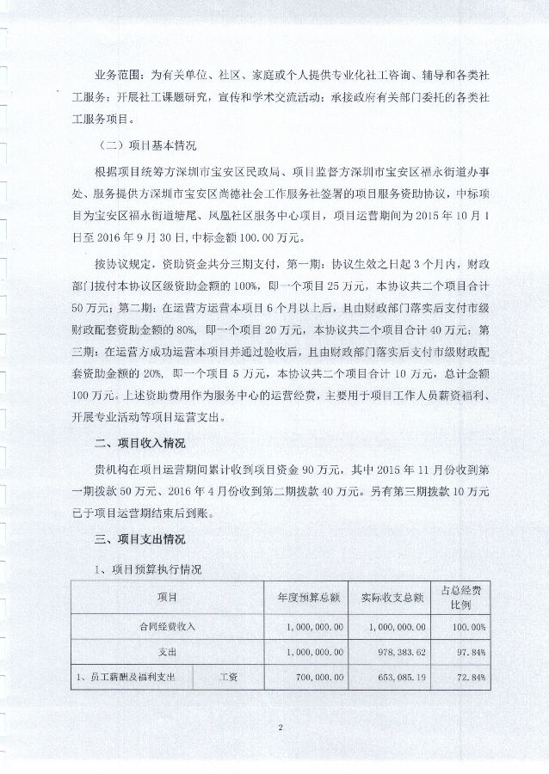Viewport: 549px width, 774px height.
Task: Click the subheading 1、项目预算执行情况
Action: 147,568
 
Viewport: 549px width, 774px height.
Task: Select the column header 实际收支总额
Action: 392,596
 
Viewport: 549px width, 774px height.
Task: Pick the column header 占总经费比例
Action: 472,596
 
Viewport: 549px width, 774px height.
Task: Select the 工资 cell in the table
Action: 229,677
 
